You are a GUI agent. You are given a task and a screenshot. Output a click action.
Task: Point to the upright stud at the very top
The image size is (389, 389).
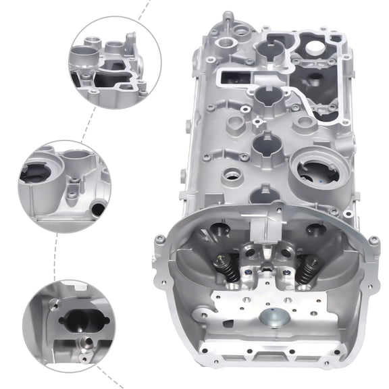click(x=228, y=16)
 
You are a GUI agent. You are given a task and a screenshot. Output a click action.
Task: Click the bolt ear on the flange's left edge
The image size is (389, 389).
click(x=159, y=240)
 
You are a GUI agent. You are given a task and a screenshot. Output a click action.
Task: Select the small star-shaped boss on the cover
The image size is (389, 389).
click(x=259, y=124)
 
